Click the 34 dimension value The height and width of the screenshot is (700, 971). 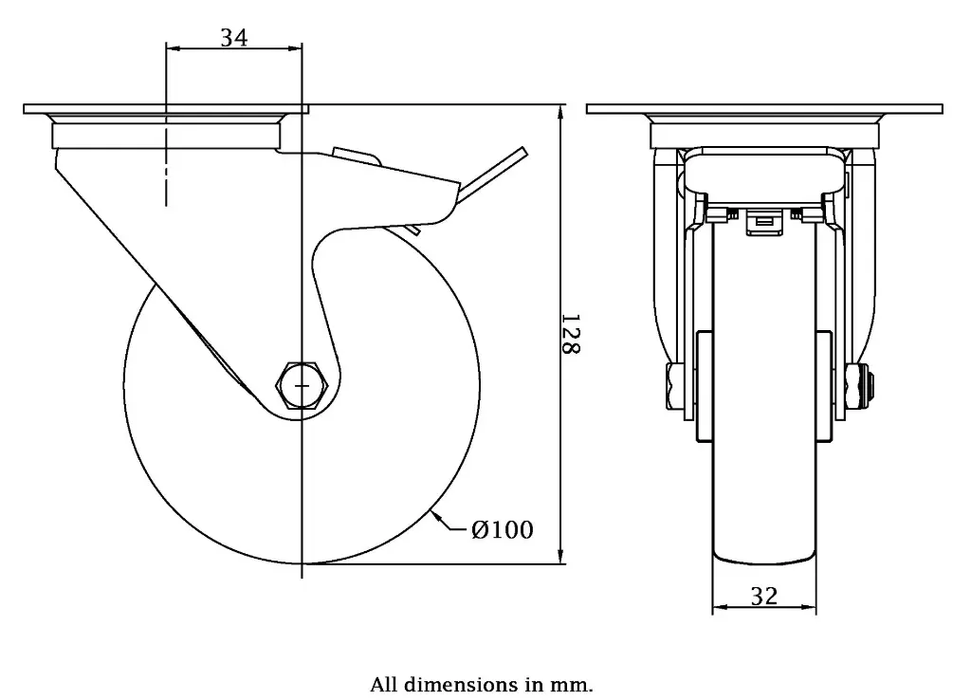pyautogui.click(x=234, y=37)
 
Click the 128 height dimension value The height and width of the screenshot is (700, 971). pyautogui.click(x=571, y=334)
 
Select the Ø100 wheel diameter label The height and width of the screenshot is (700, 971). pyautogui.click(x=502, y=530)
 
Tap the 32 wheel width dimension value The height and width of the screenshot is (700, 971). pyautogui.click(x=763, y=596)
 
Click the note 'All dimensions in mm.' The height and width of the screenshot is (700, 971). pyautogui.click(x=482, y=684)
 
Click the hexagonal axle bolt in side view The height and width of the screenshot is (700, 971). pyautogui.click(x=302, y=384)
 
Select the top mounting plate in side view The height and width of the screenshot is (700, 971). pyautogui.click(x=166, y=109)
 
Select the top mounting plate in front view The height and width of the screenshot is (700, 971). pyautogui.click(x=764, y=109)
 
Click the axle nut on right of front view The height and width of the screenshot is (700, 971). pyautogui.click(x=864, y=385)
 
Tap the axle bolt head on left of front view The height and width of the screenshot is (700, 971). pyautogui.click(x=675, y=386)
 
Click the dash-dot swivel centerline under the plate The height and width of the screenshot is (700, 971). pyautogui.click(x=167, y=171)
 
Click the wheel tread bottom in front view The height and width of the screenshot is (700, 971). pyautogui.click(x=764, y=562)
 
